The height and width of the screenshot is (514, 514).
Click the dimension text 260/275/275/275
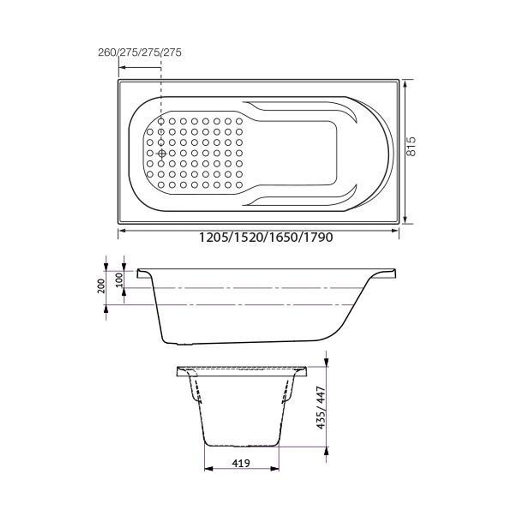point(139,52)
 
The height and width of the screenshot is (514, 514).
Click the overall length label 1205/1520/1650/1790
point(266,237)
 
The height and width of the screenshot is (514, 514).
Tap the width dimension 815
point(412,146)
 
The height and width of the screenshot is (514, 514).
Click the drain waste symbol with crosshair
point(161,153)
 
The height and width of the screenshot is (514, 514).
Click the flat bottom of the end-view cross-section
point(242,445)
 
